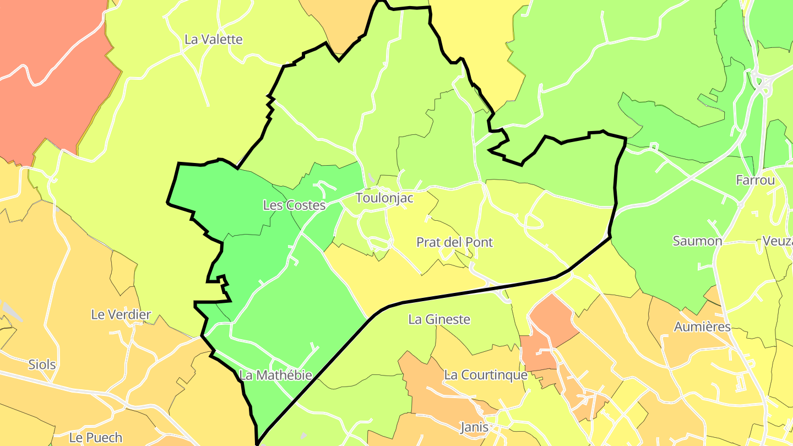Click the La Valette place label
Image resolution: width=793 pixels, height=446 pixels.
pyautogui.click(x=213, y=40)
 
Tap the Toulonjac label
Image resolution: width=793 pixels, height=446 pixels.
pyautogui.click(x=384, y=198)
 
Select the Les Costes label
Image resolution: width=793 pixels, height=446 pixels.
pyautogui.click(x=294, y=205)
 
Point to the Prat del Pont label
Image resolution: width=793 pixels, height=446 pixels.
pyautogui.click(x=454, y=242)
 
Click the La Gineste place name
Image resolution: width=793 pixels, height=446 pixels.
pyautogui.click(x=439, y=319)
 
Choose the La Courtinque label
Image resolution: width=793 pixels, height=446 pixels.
pyautogui.click(x=486, y=376)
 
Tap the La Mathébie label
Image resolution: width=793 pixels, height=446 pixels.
pyautogui.click(x=276, y=376)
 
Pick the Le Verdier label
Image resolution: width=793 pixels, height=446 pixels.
pyautogui.click(x=121, y=315)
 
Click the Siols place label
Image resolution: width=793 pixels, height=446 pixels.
pyautogui.click(x=42, y=365)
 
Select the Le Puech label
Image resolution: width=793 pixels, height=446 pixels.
pyautogui.click(x=96, y=438)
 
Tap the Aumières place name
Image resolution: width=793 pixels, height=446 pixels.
pyautogui.click(x=702, y=327)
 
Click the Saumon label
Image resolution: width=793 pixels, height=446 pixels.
pyautogui.click(x=697, y=241)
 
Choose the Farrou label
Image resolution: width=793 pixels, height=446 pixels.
pyautogui.click(x=755, y=180)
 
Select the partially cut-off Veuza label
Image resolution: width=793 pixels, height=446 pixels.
pyautogui.click(x=778, y=241)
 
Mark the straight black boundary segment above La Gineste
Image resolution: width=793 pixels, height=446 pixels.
pyautogui.click(x=468, y=292)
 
